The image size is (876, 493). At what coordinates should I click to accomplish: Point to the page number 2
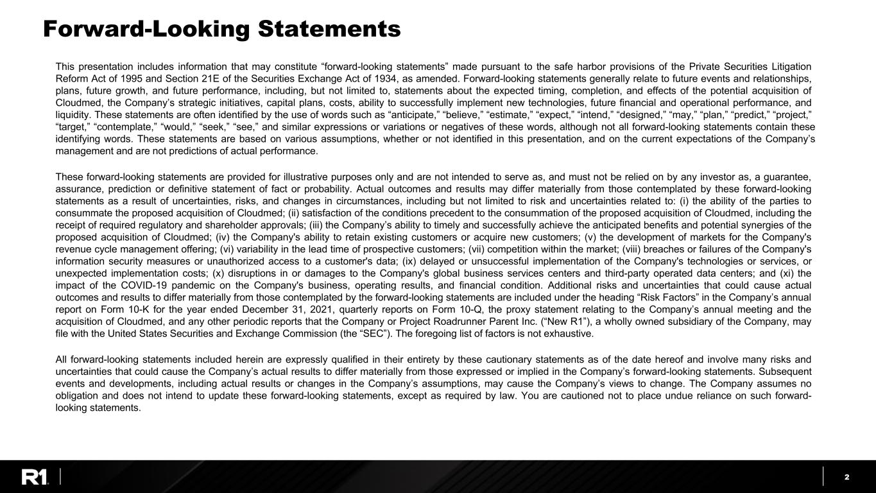pos(847,477)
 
